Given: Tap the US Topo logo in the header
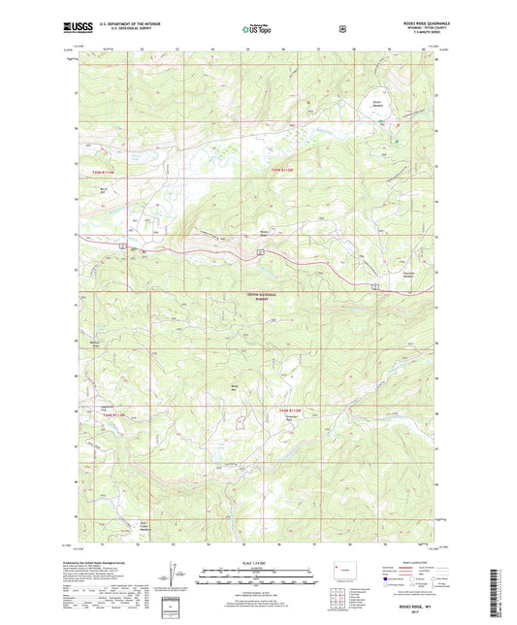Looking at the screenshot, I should [x=256, y=29].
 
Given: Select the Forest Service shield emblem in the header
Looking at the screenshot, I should [x=341, y=29].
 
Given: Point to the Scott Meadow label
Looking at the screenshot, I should [x=377, y=100].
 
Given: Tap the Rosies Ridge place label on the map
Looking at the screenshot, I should [x=263, y=233].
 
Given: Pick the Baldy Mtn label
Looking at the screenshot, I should [x=233, y=388].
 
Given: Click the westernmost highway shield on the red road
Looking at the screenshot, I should [x=122, y=247].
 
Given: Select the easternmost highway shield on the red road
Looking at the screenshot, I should [x=374, y=285].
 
